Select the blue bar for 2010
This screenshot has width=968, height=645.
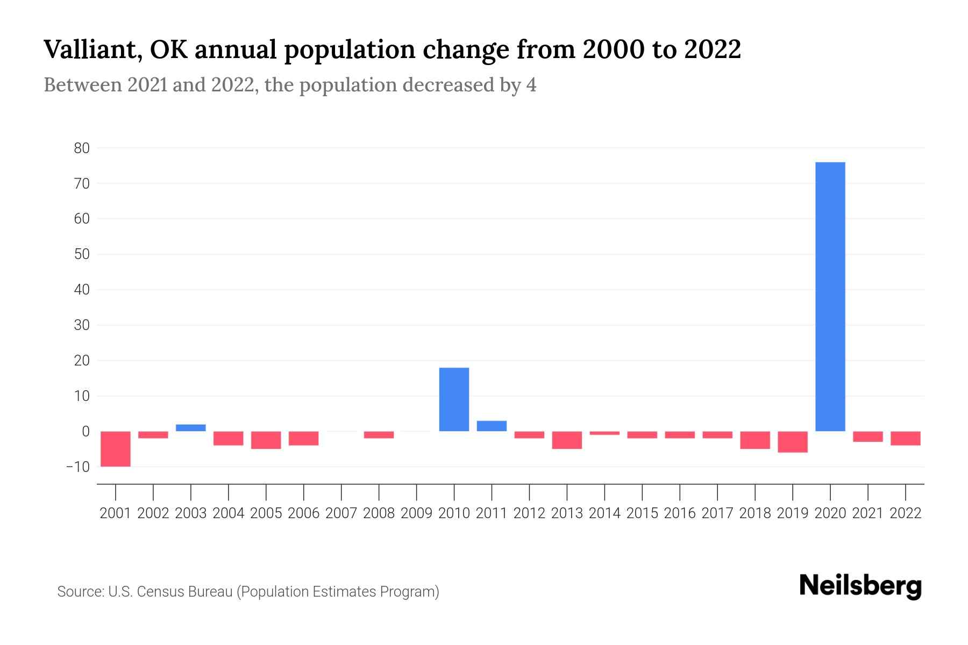click(x=454, y=399)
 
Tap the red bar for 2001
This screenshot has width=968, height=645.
click(x=116, y=449)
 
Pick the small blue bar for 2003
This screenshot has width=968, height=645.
click(x=191, y=428)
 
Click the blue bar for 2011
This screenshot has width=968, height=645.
click(x=492, y=426)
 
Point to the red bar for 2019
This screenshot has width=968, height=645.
click(x=792, y=442)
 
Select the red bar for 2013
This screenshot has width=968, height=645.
click(x=567, y=440)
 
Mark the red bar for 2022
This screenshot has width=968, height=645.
click(x=905, y=438)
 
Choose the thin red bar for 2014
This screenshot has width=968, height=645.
click(x=604, y=433)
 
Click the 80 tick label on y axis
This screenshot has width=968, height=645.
click(x=82, y=148)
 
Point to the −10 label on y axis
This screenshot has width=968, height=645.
click(x=77, y=467)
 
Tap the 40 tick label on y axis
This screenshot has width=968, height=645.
click(x=82, y=290)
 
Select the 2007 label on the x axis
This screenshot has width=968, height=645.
click(x=341, y=513)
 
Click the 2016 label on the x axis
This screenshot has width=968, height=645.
click(x=680, y=513)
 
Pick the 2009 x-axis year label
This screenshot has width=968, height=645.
click(x=416, y=513)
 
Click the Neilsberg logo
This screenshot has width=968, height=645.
click(x=860, y=586)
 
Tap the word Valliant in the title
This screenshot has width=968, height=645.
click(x=89, y=50)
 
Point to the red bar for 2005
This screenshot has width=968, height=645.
click(x=266, y=440)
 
